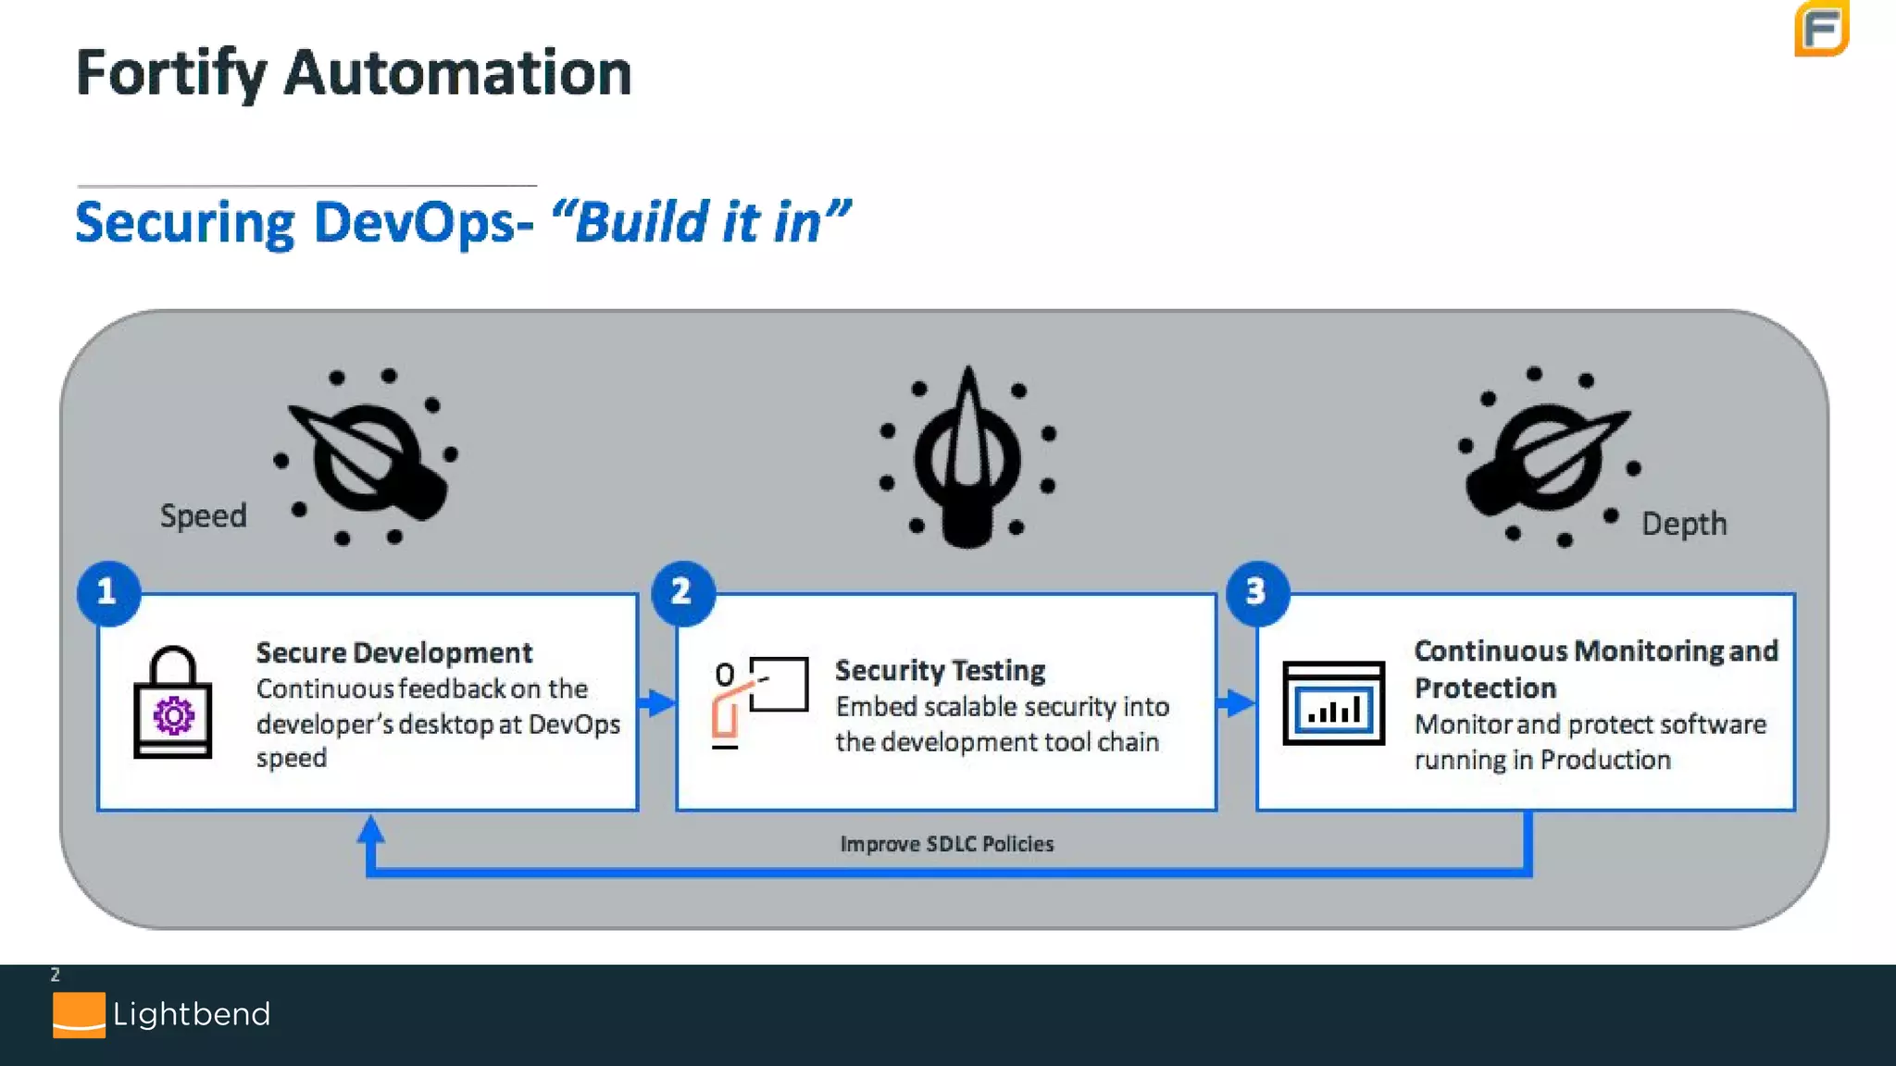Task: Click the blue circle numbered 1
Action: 108,592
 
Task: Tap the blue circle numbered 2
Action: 683,592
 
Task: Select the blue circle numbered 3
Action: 1257,592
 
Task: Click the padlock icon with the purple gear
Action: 173,703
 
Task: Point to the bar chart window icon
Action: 1333,703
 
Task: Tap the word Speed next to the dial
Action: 204,515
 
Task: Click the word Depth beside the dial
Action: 1684,524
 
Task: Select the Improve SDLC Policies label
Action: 946,844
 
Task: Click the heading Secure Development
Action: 394,653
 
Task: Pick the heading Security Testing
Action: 940,670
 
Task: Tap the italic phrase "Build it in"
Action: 700,222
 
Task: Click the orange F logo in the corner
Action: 1821,29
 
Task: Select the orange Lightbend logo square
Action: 79,1015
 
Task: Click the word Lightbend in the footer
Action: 192,1014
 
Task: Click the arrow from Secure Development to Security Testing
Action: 657,703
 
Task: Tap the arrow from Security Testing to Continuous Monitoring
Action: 1236,703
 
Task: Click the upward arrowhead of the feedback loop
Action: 371,829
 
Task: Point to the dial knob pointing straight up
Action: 967,458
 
